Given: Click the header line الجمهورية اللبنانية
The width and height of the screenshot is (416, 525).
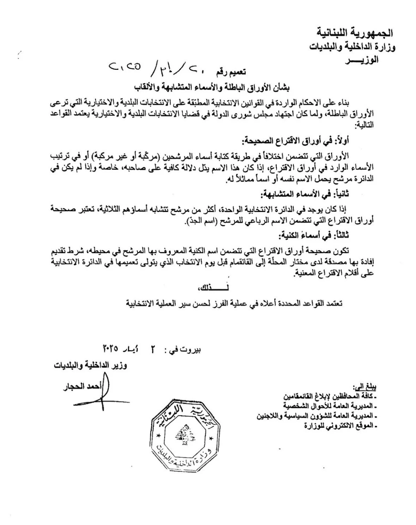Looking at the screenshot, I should click(355, 33).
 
